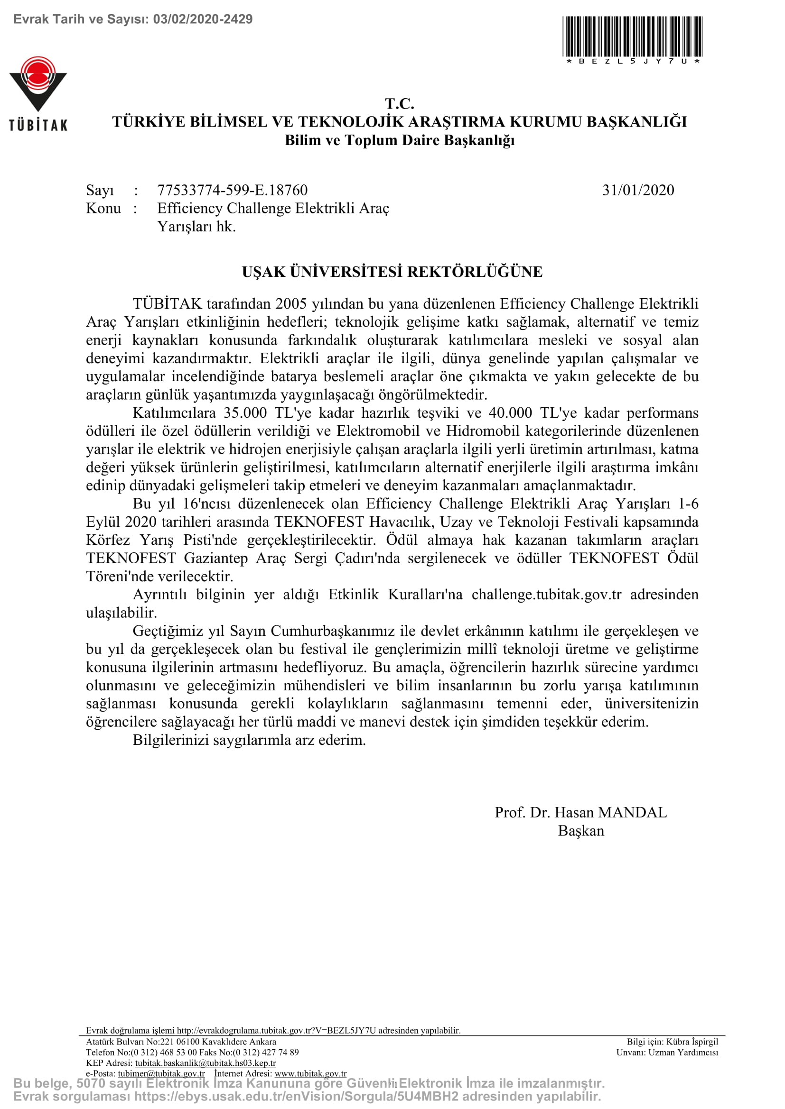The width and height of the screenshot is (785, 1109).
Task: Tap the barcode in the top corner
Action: [x=632, y=37]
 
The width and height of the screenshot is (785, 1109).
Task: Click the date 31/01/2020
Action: [x=638, y=190]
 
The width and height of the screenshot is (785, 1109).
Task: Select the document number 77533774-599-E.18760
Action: [x=233, y=190]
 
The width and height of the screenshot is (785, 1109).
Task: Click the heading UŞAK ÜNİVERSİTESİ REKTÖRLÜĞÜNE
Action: [x=392, y=272]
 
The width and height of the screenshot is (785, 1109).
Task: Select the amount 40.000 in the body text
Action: [x=511, y=413]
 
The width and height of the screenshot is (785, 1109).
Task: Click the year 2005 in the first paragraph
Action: [x=291, y=304]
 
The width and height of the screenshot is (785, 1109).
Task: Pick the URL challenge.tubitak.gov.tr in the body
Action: [x=546, y=595]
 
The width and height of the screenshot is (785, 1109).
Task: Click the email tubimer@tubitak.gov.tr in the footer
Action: [x=161, y=1073]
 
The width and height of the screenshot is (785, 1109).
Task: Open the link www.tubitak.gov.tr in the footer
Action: [x=310, y=1073]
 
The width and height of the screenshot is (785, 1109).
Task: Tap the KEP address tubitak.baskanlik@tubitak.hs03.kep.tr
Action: [x=206, y=1063]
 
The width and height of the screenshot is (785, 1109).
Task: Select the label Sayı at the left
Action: [x=100, y=190]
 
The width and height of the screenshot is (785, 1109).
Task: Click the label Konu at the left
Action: [x=103, y=209]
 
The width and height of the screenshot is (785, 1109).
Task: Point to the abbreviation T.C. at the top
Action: [x=399, y=103]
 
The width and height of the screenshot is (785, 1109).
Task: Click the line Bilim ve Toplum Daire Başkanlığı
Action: [x=399, y=140]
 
